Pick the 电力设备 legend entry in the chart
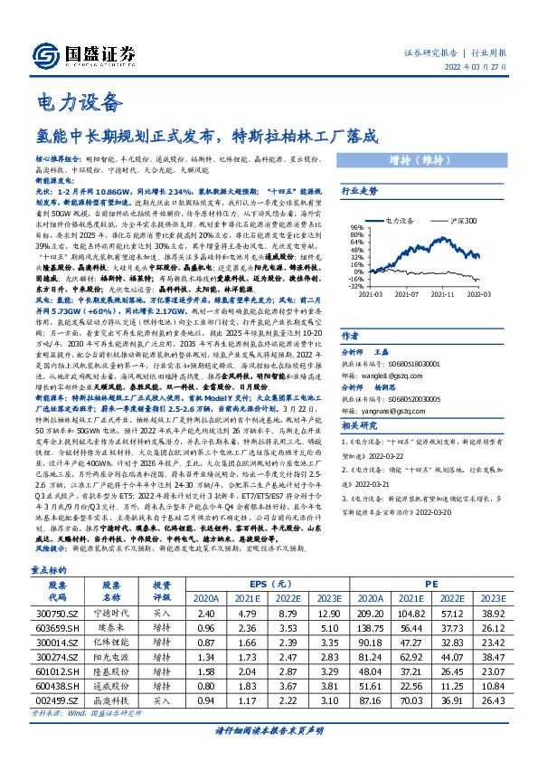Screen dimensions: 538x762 coord(402,220)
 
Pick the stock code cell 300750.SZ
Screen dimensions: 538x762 coord(55,614)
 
